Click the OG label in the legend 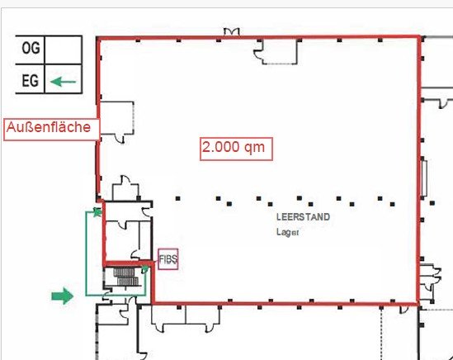(x=31, y=48)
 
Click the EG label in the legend (x=30, y=80)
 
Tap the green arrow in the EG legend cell (x=63, y=82)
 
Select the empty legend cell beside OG (x=64, y=50)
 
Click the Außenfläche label (x=49, y=127)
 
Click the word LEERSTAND (x=303, y=217)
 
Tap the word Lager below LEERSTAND (x=287, y=232)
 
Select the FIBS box (x=168, y=259)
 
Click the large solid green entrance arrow (x=63, y=296)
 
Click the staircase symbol (x=125, y=277)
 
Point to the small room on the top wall (x=279, y=51)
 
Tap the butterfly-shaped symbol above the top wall (x=232, y=31)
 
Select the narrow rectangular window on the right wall (x=424, y=178)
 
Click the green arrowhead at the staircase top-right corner (x=144, y=269)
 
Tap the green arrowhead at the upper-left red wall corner (x=97, y=212)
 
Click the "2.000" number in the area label (x=220, y=147)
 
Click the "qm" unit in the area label (x=254, y=148)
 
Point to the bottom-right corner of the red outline (x=418, y=304)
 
